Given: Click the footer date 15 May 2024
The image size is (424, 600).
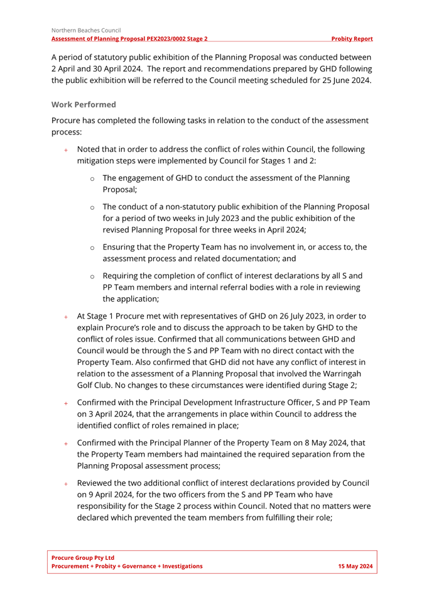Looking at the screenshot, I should point(355,566).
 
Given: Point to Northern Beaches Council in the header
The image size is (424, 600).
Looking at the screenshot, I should point(86,30).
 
